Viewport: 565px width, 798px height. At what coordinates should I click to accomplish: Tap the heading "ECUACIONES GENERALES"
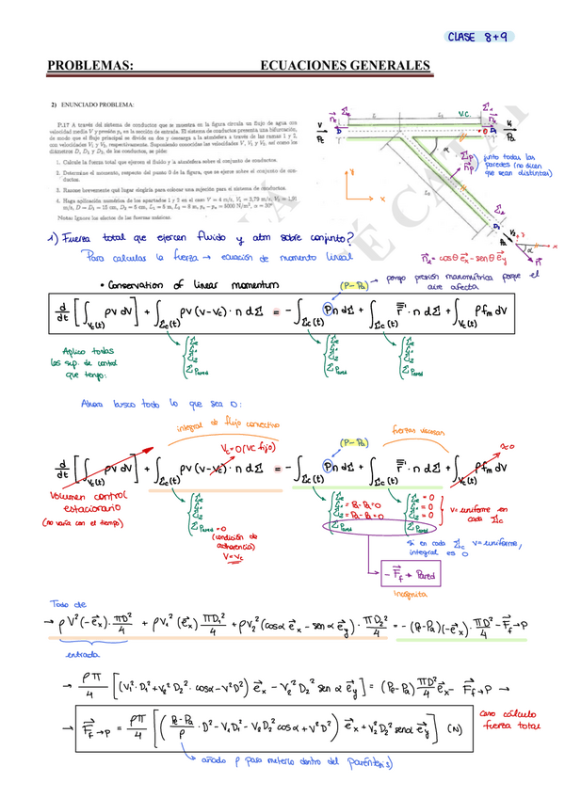(x=345, y=66)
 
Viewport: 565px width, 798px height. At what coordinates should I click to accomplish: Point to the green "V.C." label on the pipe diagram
(x=463, y=114)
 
